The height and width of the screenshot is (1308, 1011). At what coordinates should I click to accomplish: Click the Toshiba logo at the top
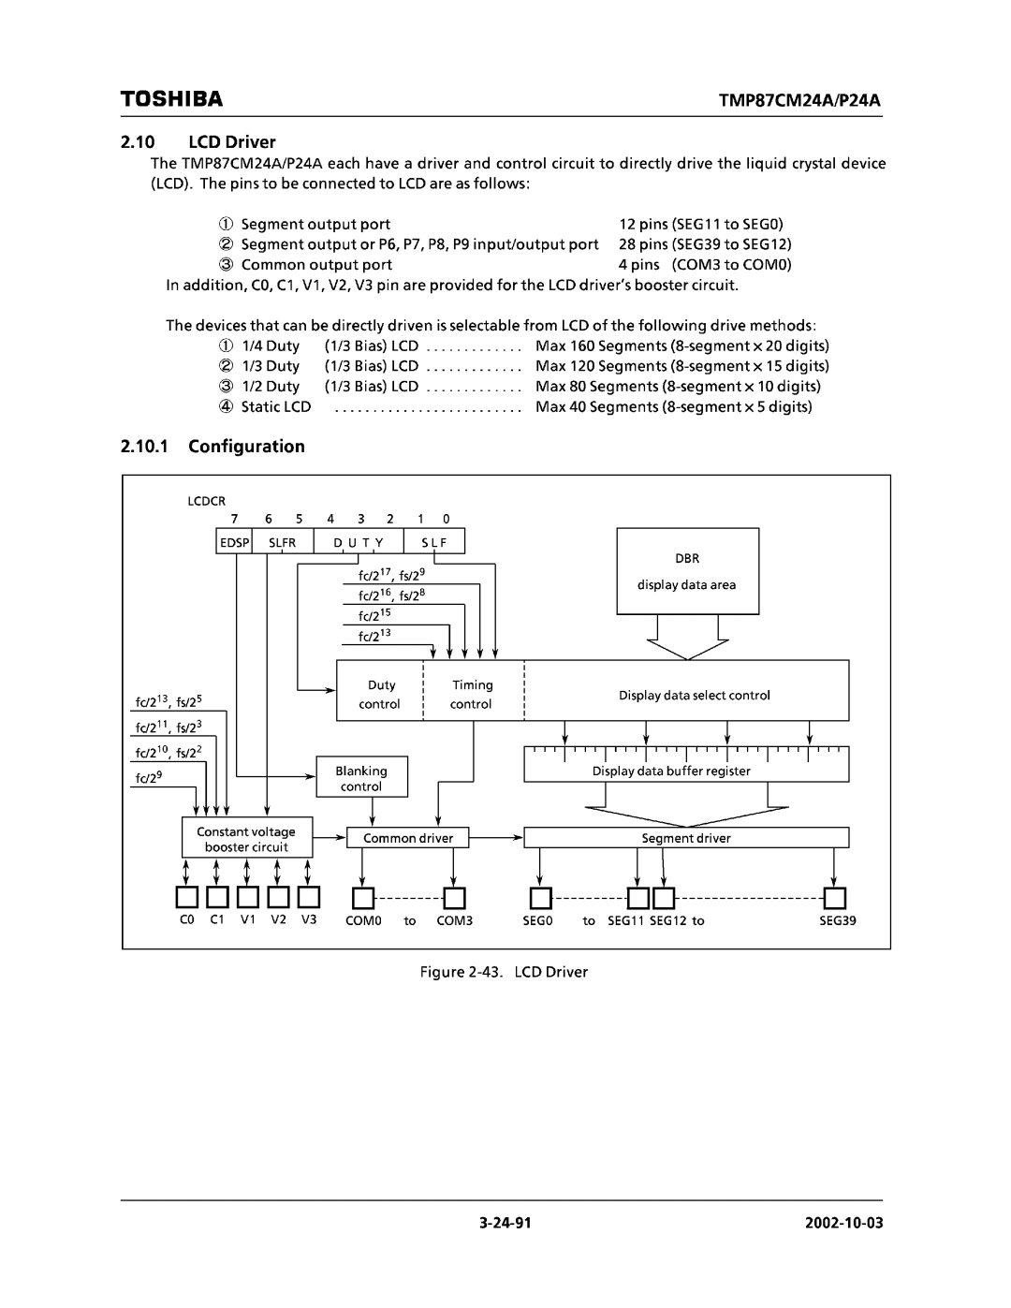click(171, 98)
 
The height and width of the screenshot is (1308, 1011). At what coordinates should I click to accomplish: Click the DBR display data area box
click(687, 571)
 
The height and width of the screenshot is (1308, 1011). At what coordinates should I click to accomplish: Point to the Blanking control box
click(361, 778)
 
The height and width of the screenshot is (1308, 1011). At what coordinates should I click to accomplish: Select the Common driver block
click(408, 838)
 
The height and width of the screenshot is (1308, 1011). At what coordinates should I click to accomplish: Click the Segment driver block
click(686, 838)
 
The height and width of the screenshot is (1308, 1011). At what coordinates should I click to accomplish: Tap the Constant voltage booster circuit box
click(247, 839)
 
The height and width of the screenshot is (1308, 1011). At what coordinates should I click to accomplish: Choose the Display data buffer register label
click(671, 772)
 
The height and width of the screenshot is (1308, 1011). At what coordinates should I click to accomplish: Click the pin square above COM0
click(363, 899)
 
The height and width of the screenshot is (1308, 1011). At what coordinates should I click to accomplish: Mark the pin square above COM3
click(454, 899)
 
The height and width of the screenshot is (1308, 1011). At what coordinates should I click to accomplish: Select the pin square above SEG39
click(835, 899)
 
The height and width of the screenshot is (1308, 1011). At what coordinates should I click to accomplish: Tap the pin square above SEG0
click(540, 899)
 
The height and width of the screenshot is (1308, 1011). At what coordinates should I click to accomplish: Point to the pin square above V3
click(309, 899)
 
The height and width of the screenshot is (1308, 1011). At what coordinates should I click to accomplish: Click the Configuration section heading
click(246, 447)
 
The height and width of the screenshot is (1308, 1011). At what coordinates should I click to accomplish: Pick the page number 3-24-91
click(505, 1224)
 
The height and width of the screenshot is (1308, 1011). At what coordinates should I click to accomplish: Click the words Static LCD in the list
click(275, 406)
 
